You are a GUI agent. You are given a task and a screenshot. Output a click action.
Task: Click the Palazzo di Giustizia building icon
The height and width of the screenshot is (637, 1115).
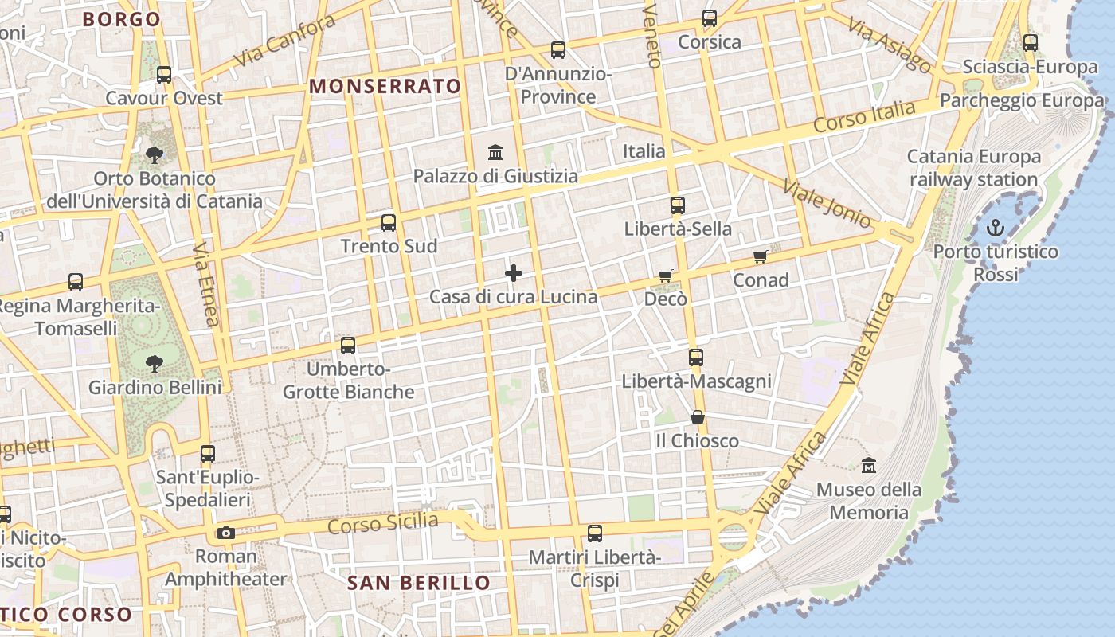[x=495, y=152]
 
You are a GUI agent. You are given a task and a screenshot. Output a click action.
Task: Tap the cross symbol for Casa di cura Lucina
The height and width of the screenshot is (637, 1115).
[x=514, y=273]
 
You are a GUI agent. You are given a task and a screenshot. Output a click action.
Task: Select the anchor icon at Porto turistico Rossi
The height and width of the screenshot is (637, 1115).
[x=996, y=229]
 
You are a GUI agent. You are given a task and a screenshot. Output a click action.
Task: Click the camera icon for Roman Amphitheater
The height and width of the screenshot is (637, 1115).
[x=226, y=533]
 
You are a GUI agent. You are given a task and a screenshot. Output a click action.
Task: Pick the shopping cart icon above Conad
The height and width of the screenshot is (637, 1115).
[x=760, y=256]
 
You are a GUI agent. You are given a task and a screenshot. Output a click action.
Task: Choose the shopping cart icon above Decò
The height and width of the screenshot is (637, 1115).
[x=666, y=276]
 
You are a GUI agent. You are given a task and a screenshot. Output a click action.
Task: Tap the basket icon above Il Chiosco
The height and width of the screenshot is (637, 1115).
[x=698, y=417]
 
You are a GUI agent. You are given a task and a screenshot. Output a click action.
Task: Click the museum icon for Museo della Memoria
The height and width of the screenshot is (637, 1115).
[x=869, y=465]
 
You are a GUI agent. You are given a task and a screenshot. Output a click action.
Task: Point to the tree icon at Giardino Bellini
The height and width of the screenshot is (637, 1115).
[x=155, y=364]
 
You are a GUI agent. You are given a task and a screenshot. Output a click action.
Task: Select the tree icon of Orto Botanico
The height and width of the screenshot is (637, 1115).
[x=155, y=154]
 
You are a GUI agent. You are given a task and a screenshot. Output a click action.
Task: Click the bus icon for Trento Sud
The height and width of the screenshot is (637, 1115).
[x=389, y=223]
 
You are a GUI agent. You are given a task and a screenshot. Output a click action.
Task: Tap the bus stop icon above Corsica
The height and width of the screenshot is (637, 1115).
[x=710, y=18]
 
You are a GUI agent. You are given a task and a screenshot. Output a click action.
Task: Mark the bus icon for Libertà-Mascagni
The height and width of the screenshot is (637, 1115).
[x=696, y=358]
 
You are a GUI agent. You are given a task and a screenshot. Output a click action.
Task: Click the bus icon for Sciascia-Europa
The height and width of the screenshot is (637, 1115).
[x=1031, y=43]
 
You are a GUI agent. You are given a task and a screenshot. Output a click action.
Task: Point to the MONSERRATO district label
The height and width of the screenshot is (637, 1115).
[x=385, y=86]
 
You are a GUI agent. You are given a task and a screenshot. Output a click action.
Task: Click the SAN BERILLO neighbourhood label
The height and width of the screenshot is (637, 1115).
[x=419, y=583]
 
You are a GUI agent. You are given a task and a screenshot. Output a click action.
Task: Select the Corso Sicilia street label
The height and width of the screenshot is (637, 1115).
[x=383, y=524]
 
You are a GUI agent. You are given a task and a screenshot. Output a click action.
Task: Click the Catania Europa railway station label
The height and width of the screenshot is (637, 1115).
[x=974, y=168]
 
